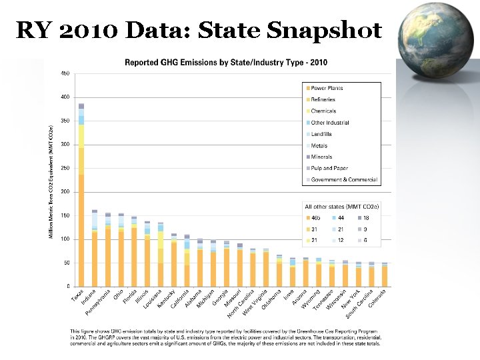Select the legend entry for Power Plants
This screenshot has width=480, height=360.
pyautogui.click(x=327, y=88)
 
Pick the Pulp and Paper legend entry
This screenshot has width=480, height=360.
pyautogui.click(x=329, y=168)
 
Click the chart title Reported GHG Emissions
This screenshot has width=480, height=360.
pyautogui.click(x=226, y=63)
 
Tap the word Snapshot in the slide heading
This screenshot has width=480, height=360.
pyautogui.click(x=324, y=30)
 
